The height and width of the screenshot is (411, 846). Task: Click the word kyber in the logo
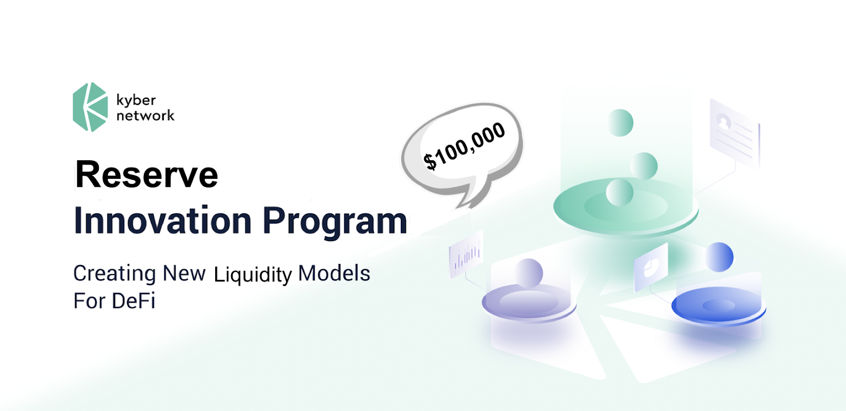(x=136, y=100)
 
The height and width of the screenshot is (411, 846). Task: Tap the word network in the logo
(x=145, y=115)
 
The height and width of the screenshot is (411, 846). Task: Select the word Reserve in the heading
(x=146, y=175)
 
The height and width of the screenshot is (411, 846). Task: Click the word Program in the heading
(x=335, y=221)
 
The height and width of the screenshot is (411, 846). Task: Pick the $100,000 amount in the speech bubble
(x=464, y=145)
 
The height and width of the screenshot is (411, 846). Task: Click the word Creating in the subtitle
(x=114, y=273)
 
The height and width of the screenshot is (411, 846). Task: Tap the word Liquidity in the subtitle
(x=253, y=275)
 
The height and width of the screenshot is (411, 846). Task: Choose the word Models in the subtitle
(x=334, y=273)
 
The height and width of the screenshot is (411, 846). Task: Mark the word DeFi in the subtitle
(x=134, y=301)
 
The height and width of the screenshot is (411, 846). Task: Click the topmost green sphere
(x=620, y=123)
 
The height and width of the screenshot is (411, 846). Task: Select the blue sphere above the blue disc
(x=719, y=257)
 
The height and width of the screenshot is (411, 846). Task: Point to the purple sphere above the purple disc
(x=529, y=273)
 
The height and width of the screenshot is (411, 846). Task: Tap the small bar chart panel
(x=466, y=254)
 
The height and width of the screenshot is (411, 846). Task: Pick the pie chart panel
(x=651, y=267)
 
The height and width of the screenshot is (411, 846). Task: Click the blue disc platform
(x=718, y=306)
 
